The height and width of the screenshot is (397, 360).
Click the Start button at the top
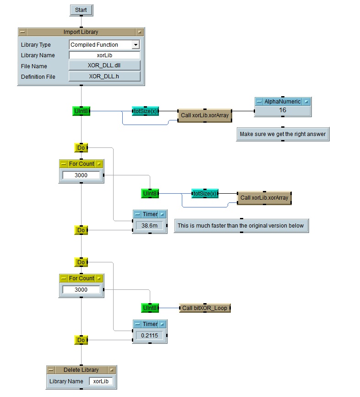click(81, 10)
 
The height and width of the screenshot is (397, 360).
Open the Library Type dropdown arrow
click(135, 45)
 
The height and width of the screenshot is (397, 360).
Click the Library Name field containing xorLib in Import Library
click(104, 55)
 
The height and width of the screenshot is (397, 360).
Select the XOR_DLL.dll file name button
click(104, 65)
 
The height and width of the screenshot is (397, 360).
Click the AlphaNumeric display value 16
click(283, 110)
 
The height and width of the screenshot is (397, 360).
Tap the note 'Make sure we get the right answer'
click(283, 134)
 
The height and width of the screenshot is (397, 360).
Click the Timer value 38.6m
click(149, 226)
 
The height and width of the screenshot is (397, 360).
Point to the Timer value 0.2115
click(149, 335)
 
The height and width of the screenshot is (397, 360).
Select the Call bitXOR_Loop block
click(205, 308)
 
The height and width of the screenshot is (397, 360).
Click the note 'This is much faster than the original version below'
click(240, 226)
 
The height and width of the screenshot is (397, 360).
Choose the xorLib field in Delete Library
click(100, 381)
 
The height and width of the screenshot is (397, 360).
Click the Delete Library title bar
click(81, 370)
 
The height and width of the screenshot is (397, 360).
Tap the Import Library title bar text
click(81, 32)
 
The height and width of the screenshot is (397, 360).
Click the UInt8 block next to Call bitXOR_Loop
click(150, 308)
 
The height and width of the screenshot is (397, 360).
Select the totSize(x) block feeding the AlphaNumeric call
click(145, 111)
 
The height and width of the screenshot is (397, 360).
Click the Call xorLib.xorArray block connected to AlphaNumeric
click(204, 115)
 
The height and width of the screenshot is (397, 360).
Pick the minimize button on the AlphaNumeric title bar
click(259, 102)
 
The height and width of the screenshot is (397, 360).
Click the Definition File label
click(38, 76)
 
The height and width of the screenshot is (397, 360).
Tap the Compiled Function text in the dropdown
click(94, 45)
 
